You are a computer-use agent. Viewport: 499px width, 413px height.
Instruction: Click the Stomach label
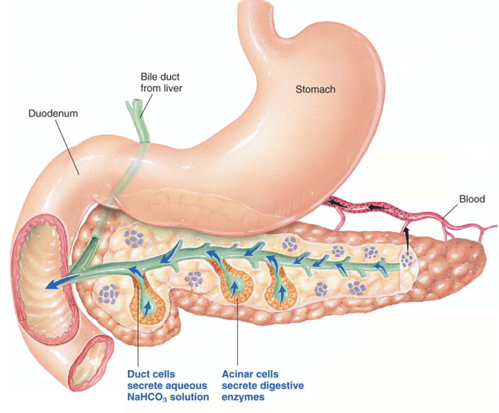coord(315,89)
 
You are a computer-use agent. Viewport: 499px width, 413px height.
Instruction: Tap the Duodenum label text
coord(53,114)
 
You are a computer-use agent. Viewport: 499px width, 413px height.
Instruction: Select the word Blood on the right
coord(472,199)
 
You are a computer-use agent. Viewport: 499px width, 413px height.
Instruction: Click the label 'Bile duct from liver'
coord(160,83)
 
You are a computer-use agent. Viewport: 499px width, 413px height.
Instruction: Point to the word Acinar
coord(238,374)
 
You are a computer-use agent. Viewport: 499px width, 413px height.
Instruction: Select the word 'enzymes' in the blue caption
coord(243,397)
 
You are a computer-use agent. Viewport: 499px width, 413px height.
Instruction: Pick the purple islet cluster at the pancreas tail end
coord(407,260)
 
